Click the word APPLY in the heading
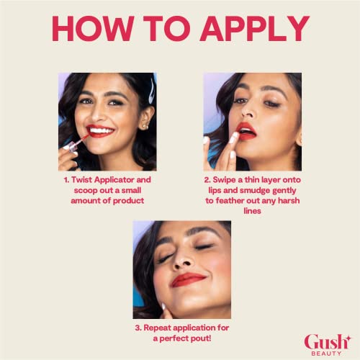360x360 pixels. coord(255,29)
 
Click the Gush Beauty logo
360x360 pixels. coord(328,345)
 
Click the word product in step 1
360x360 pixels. coord(128,201)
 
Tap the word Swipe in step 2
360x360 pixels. coord(224,180)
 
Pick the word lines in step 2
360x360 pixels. coord(252,211)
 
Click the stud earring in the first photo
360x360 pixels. coord(145,125)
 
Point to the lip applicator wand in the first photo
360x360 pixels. coord(78,143)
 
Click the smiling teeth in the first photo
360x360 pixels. coord(101,131)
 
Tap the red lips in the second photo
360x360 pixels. coord(246,132)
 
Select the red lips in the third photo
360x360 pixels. coord(188,279)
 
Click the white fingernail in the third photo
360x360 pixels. coord(163,306)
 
